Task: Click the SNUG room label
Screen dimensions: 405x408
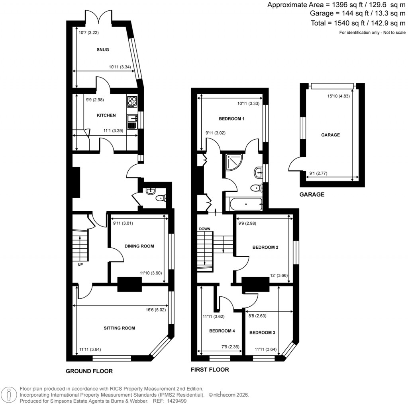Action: tap(103, 50)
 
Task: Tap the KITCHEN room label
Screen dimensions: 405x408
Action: tap(106, 115)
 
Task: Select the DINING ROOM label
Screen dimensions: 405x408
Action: tap(139, 246)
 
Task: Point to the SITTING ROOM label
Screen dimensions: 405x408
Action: tap(120, 328)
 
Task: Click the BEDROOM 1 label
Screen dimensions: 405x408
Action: tap(231, 119)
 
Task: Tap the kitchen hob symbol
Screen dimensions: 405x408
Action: tap(132, 102)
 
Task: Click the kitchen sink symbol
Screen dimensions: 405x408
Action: tap(132, 118)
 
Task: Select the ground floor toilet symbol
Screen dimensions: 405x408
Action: tap(160, 198)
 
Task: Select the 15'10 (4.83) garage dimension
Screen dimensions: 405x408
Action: tap(338, 96)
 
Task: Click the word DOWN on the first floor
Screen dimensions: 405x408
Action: tap(204, 229)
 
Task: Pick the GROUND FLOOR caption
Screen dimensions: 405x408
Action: tap(89, 371)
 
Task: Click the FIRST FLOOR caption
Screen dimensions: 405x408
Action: tap(210, 370)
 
